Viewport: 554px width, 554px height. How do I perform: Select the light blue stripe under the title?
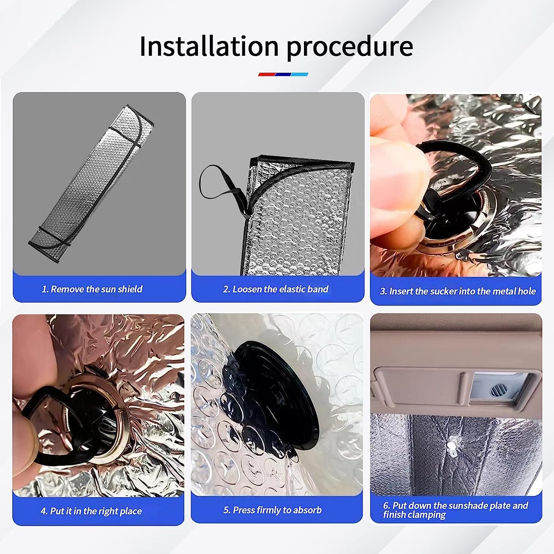coord(300,74)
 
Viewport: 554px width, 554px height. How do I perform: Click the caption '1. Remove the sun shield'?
coord(92,289)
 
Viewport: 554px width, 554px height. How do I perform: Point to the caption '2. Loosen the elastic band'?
coord(276,289)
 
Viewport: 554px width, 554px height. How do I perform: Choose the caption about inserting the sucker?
coord(458,291)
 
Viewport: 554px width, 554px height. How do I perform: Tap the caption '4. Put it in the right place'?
coord(91,511)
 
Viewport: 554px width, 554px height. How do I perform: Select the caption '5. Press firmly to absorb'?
coord(273,510)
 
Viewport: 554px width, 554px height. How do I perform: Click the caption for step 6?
coord(455,510)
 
